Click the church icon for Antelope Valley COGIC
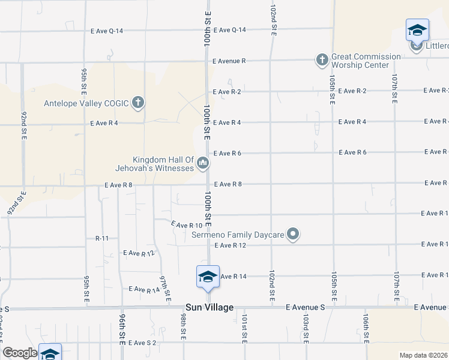coord(138,103)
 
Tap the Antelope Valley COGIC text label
coord(86,103)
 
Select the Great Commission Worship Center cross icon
coord(322,59)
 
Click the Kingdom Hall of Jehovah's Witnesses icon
coord(203,163)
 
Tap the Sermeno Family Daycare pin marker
coord(293,234)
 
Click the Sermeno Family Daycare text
coord(237,235)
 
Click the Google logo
coord(20,353)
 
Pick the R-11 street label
coord(102,238)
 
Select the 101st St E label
coord(244,327)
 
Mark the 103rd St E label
coord(306,327)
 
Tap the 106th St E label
coord(365,327)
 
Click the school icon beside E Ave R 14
coord(208,277)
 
